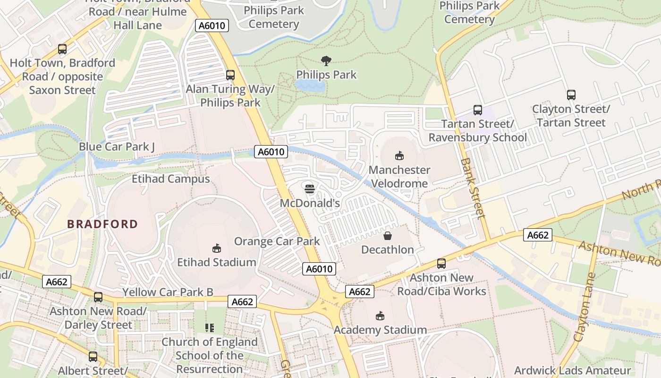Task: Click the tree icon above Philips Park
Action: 326,60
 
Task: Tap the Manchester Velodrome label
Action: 399,176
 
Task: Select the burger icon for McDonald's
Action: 310,189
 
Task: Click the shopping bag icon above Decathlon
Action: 387,235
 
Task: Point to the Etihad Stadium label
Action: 217,262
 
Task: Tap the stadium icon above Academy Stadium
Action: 380,316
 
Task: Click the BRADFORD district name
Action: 102,224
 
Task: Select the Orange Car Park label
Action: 277,241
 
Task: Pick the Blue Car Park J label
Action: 117,146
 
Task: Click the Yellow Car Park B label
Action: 168,292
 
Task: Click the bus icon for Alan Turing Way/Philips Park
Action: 230,75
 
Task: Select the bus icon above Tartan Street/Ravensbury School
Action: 478,110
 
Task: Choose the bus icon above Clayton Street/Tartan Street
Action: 571,94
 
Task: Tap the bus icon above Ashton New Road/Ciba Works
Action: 441,263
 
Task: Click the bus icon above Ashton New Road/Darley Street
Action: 98,297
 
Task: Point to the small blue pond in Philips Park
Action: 309,86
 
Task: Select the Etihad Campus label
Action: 170,179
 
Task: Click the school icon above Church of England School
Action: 210,327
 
